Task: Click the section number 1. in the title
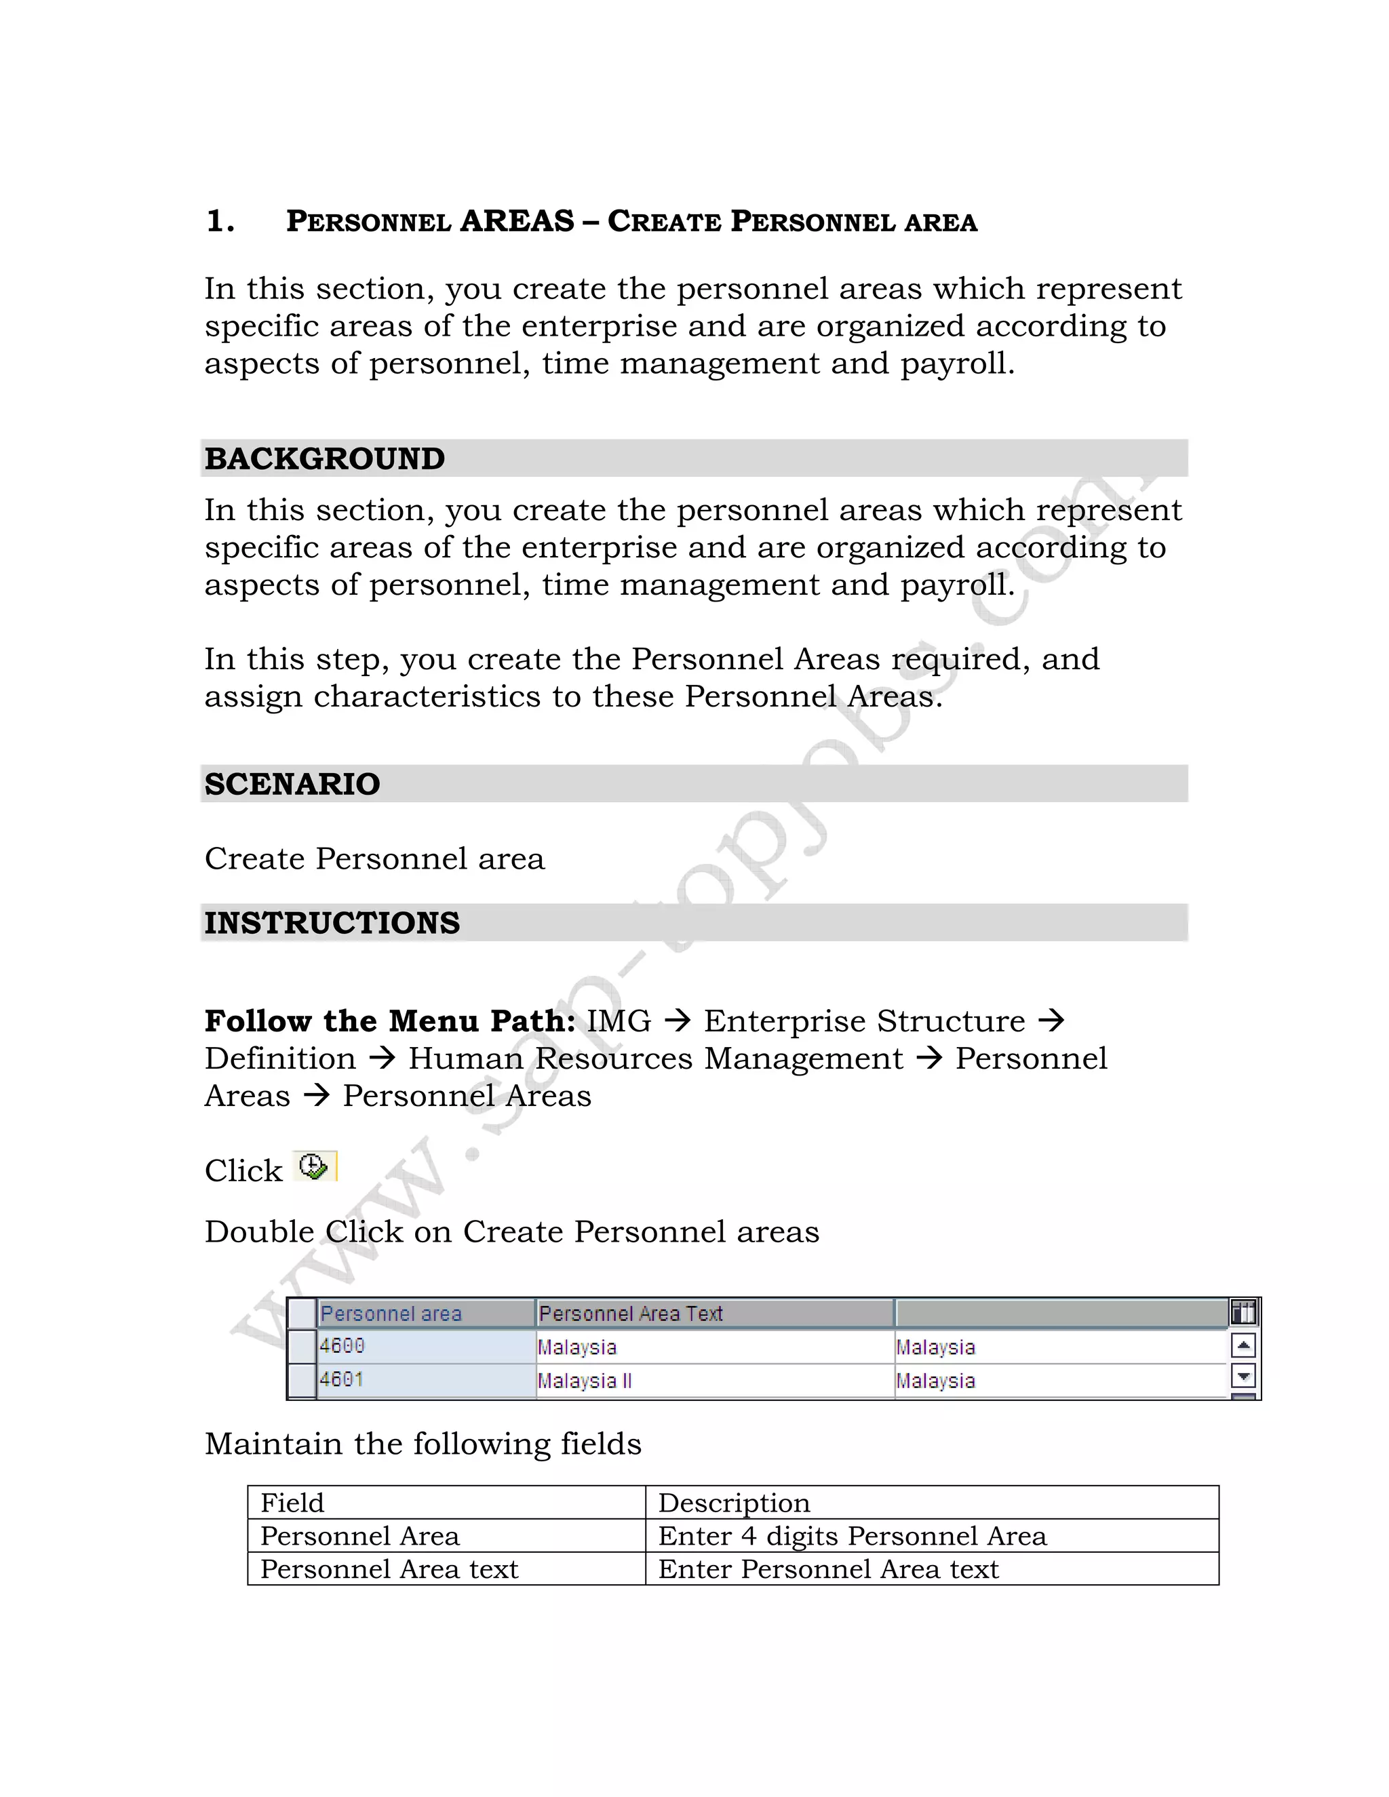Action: (x=220, y=221)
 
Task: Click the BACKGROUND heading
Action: (x=324, y=458)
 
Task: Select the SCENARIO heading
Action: (x=292, y=783)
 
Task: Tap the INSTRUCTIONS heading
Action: (x=332, y=922)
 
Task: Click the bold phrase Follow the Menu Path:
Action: (x=390, y=1021)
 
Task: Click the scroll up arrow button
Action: (x=1243, y=1346)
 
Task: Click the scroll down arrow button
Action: (x=1243, y=1375)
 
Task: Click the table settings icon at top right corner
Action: (x=1243, y=1311)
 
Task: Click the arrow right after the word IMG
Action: (x=678, y=1021)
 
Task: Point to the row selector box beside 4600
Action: (x=302, y=1346)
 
